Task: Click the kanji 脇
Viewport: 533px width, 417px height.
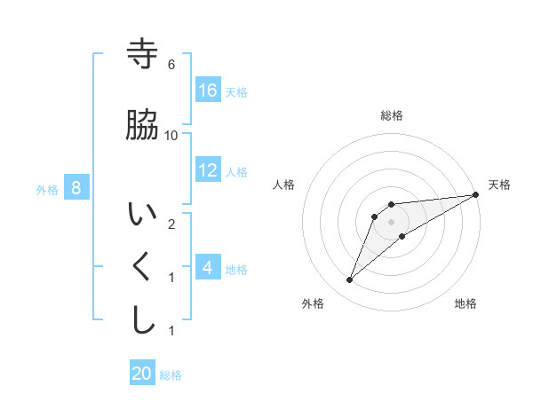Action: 143,125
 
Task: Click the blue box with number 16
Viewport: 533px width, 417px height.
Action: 208,90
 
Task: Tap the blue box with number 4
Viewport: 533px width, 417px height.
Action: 208,267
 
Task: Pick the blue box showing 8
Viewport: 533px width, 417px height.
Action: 76,187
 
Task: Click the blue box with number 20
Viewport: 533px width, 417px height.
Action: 142,374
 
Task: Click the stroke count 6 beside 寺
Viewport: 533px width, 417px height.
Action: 171,65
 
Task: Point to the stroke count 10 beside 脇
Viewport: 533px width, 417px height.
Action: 171,135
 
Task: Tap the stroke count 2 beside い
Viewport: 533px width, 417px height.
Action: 171,224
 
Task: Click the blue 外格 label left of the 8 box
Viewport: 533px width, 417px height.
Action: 47,189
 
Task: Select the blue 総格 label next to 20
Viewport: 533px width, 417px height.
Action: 171,375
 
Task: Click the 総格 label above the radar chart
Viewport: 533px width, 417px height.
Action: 392,115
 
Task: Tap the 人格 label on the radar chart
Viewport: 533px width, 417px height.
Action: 285,185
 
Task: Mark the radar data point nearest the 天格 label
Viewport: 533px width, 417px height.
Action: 476,195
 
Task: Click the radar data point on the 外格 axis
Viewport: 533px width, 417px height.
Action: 350,280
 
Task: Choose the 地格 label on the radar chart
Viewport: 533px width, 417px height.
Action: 465,303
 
